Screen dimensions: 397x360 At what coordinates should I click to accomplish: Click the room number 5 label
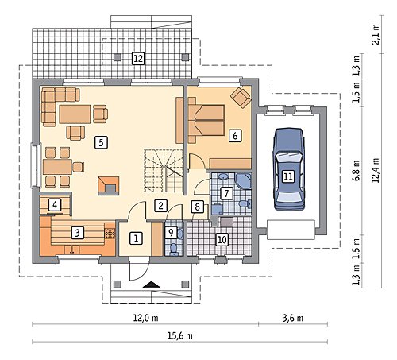[101, 142]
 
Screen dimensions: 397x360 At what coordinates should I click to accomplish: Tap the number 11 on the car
[288, 176]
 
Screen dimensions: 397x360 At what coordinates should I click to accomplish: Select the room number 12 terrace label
[138, 58]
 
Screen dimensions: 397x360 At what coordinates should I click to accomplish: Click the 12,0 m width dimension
[145, 318]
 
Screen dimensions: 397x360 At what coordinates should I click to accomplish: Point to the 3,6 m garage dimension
[292, 318]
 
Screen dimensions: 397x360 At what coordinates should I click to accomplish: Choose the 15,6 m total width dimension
[180, 335]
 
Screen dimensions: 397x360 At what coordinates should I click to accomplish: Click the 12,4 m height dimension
[376, 170]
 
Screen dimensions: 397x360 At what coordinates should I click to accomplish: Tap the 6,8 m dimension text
[356, 170]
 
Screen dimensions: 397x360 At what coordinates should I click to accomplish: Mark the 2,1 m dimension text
[376, 34]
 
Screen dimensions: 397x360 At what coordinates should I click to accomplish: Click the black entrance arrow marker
[151, 285]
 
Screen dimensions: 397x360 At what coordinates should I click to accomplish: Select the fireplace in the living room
[109, 186]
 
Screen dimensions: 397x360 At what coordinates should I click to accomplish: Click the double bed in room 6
[206, 120]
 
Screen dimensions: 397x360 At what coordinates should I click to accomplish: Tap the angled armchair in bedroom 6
[241, 98]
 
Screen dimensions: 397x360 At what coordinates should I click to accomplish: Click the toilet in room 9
[174, 250]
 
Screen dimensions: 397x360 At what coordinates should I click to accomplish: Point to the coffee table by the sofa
[75, 114]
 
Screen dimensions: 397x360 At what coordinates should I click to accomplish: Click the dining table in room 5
[57, 166]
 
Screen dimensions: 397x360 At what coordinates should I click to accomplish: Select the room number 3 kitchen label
[77, 233]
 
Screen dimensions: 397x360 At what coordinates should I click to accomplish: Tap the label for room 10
[222, 239]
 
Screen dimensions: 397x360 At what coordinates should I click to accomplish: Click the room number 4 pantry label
[55, 205]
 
